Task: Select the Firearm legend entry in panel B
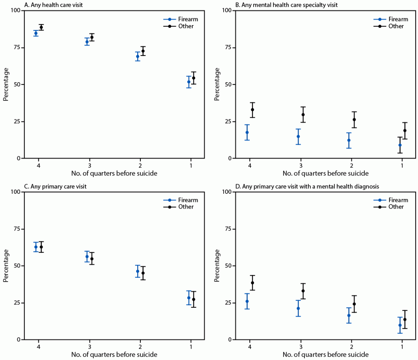coord(398,19)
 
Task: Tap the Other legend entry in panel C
coord(186,207)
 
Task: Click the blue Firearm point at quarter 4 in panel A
coord(36,33)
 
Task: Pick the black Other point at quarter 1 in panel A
coord(194,78)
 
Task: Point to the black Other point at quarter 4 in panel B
coord(252,110)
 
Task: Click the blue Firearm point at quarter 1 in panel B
coord(400,145)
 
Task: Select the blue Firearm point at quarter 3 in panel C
coord(87,257)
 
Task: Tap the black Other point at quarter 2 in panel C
coord(143,273)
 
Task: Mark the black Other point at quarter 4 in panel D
coord(252,283)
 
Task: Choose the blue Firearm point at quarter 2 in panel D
coord(349,316)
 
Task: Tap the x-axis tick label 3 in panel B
coord(301,166)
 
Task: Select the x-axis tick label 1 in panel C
coord(191,347)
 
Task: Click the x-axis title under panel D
coord(325,354)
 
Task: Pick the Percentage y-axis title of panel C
coord(6,266)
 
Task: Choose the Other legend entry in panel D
coord(396,207)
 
